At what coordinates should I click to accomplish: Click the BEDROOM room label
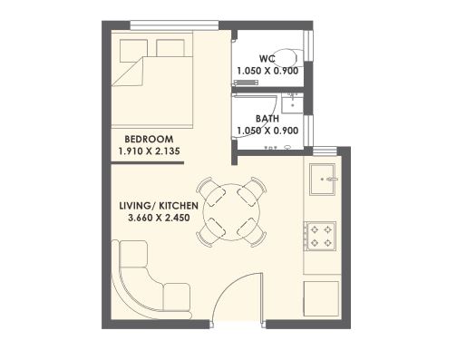(x=149, y=140)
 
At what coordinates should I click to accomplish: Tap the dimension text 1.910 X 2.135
(x=149, y=151)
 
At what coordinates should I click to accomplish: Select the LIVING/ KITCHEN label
(x=159, y=206)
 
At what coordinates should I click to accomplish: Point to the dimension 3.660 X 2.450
(x=159, y=218)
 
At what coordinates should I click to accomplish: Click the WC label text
(x=267, y=59)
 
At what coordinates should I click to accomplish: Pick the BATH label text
(x=267, y=119)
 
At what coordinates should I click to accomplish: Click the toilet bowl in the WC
(x=287, y=58)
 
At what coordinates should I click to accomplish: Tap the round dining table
(x=231, y=212)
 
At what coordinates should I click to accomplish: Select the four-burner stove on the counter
(x=320, y=236)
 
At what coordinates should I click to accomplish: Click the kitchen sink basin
(x=323, y=180)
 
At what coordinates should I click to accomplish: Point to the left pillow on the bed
(x=133, y=51)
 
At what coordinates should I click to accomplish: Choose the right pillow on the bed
(x=170, y=48)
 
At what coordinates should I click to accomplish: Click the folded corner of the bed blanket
(x=128, y=73)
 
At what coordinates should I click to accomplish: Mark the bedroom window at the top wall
(x=174, y=25)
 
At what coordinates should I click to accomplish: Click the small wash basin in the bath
(x=292, y=103)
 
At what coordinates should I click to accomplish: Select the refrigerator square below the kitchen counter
(x=321, y=299)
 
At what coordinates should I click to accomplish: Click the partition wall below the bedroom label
(x=148, y=163)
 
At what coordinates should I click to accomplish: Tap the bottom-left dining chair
(x=210, y=233)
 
